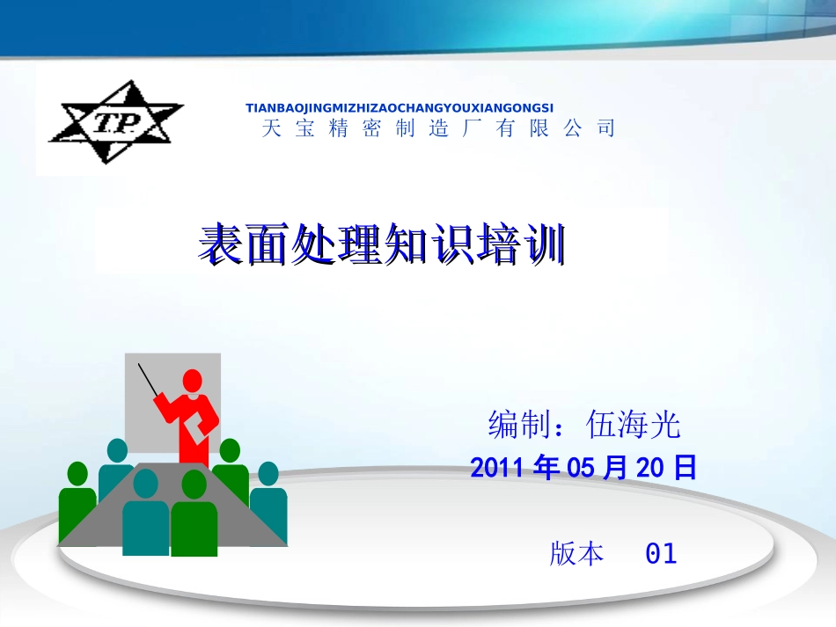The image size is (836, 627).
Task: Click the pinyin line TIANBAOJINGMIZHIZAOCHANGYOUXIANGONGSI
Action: pos(400,107)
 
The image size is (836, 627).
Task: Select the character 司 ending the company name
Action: pos(605,128)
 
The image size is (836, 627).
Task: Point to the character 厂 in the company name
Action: pos(472,128)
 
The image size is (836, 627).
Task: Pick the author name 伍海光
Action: pos(634,426)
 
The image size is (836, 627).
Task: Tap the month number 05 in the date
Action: pos(583,468)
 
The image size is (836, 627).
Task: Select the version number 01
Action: pos(661,554)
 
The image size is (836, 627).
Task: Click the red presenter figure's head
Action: pos(192,381)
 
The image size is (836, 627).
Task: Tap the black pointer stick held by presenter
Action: pos(149,379)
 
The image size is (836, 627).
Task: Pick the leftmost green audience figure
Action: pos(77,506)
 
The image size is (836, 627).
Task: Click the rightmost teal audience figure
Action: pos(268,506)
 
